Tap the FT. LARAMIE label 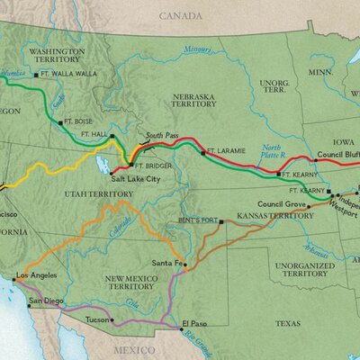224,149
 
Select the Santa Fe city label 166,264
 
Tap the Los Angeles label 37,274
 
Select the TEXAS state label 288,322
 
